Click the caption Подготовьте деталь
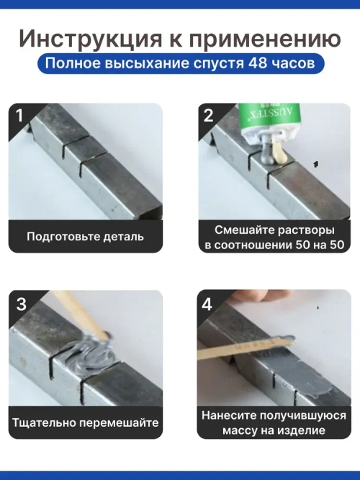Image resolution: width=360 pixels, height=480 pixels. tap(85, 235)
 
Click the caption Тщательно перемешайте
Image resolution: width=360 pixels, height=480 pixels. tap(85, 422)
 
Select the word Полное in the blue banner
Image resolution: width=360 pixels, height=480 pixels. tap(68, 63)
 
